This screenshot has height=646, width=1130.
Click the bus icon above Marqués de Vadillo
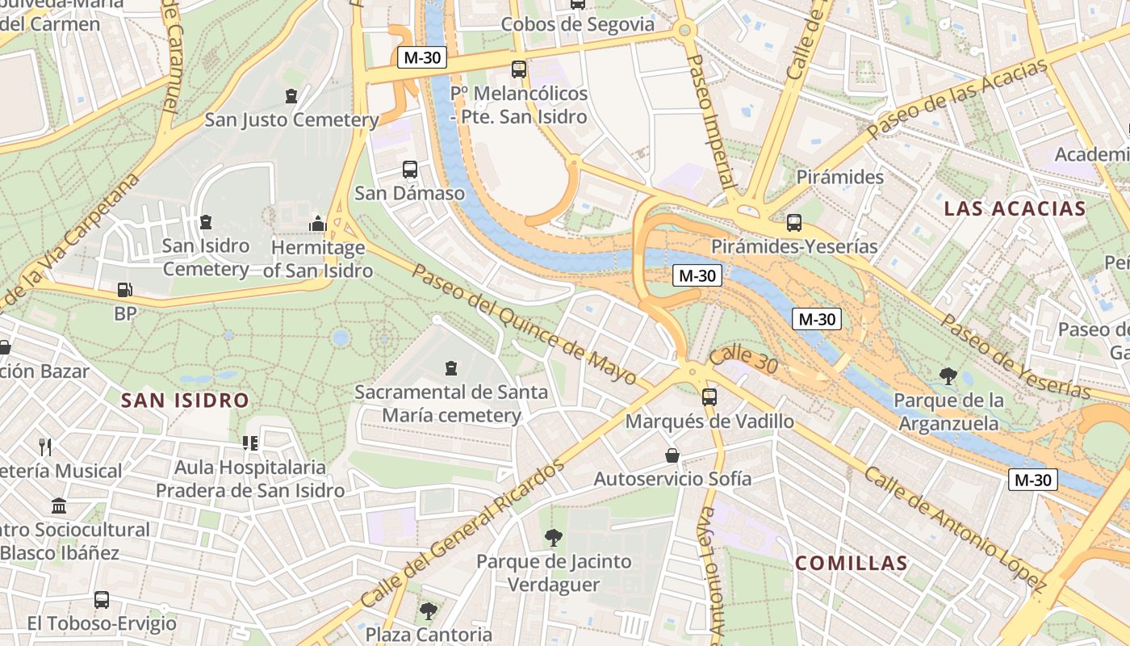click(x=709, y=396)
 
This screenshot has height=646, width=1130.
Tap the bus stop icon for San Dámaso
click(x=410, y=170)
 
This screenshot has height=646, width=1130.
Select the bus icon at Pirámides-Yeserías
click(x=794, y=222)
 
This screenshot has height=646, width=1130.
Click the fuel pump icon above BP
click(x=125, y=289)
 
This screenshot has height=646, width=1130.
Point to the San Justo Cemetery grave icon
click(x=291, y=96)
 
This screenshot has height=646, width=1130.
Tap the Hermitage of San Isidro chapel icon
click(x=317, y=223)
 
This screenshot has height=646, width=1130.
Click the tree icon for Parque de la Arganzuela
click(x=948, y=375)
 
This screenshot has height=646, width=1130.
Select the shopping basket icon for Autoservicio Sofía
click(x=672, y=455)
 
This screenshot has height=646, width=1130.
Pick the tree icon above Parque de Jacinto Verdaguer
click(x=553, y=537)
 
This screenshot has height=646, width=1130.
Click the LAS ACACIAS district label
click(x=1015, y=208)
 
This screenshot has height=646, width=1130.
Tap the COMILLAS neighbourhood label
click(x=852, y=563)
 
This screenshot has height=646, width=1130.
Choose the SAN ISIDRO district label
click(x=185, y=400)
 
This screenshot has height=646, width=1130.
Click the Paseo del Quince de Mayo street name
click(x=525, y=323)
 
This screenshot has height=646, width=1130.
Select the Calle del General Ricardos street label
click(x=462, y=535)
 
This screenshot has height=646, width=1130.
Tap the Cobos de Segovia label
click(x=577, y=24)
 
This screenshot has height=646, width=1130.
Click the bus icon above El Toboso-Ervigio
click(x=102, y=600)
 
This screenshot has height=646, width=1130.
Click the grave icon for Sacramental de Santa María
click(x=450, y=368)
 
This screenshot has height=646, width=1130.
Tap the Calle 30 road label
click(x=744, y=359)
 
